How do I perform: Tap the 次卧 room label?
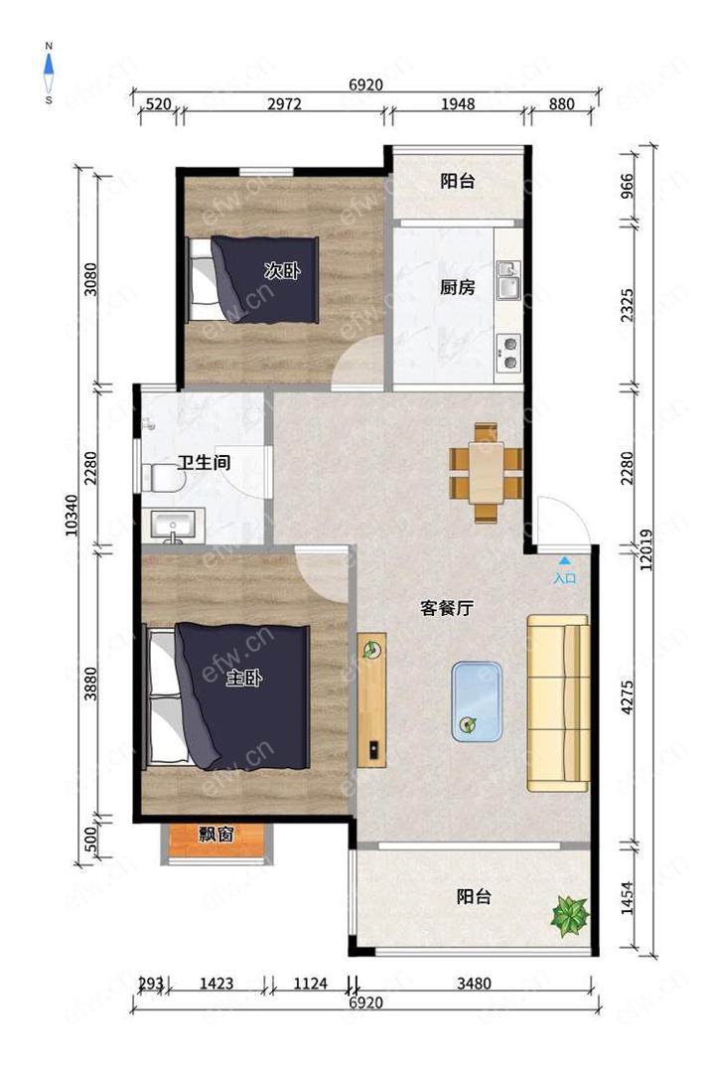282,270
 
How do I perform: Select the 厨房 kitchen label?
458,287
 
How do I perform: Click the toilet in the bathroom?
163,478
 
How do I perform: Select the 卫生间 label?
204,463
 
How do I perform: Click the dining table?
487,473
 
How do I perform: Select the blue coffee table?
477,701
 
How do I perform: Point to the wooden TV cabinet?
372,699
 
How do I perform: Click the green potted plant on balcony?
570,916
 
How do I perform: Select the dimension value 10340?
72,516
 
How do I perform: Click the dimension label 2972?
284,104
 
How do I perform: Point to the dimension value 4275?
628,696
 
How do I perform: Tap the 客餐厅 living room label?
447,608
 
